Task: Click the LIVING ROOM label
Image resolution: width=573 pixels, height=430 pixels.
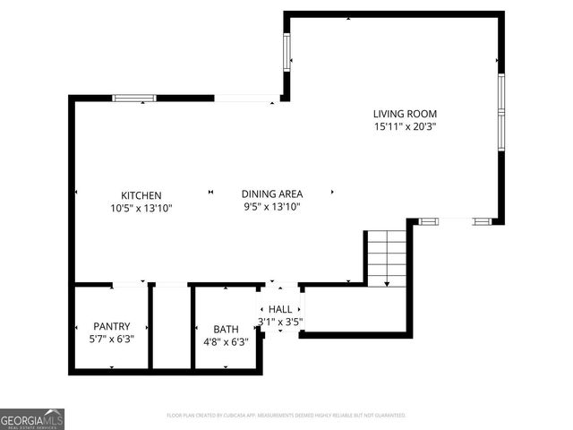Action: coord(404,113)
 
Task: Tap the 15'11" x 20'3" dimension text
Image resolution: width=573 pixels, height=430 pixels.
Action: coord(404,126)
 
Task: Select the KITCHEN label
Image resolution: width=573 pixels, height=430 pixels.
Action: coord(141,194)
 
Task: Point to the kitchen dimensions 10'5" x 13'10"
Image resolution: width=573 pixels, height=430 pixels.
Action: coord(141,208)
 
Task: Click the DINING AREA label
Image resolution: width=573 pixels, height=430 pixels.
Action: coord(272,193)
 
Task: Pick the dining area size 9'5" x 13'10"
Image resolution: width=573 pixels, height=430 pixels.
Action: coord(272,207)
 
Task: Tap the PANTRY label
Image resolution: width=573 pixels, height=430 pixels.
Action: coord(112,326)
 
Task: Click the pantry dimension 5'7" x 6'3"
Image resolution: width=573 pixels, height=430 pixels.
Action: coord(112,340)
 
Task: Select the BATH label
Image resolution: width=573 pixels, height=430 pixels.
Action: coord(226,329)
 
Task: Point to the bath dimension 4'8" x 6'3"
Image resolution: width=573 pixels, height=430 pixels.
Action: coord(226,341)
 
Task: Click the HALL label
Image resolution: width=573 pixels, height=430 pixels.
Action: coord(280,308)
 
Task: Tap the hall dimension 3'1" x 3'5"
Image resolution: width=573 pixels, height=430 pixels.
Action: coord(280,322)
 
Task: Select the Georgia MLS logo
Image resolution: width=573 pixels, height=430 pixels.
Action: coord(32,418)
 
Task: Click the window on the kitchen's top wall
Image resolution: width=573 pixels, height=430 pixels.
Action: coord(134,98)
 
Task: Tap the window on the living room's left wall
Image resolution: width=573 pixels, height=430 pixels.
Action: coord(287,54)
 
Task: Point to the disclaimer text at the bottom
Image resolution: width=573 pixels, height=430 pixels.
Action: coord(286,416)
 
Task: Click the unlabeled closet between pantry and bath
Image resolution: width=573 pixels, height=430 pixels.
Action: coord(170,327)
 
